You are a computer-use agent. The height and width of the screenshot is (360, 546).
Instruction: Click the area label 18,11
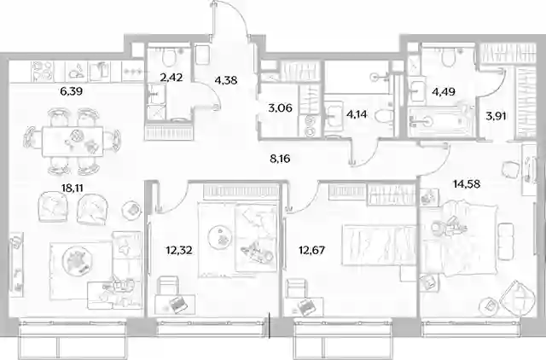pyautogui.click(x=73, y=189)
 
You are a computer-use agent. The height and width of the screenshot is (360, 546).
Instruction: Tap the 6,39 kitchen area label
pyautogui.click(x=71, y=91)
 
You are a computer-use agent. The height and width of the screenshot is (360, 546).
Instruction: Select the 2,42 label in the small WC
pyautogui.click(x=171, y=78)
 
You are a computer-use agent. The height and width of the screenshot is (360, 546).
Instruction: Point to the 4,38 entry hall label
pyautogui.click(x=226, y=80)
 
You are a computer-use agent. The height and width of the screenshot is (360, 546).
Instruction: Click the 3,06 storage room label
pyautogui.click(x=281, y=108)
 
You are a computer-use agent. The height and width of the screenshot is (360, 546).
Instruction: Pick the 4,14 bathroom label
pyautogui.click(x=357, y=113)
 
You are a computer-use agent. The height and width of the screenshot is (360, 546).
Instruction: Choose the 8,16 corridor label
pyautogui.click(x=280, y=159)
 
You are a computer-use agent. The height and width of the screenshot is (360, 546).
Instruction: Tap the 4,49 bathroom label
pyautogui.click(x=444, y=91)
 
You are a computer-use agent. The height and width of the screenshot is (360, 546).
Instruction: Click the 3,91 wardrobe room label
pyautogui.click(x=496, y=116)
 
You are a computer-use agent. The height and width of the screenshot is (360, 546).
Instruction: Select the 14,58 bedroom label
pyautogui.click(x=467, y=183)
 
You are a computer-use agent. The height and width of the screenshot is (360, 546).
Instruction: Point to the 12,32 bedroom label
pyautogui.click(x=179, y=250)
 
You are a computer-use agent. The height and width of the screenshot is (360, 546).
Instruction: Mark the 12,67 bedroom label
pyautogui.click(x=312, y=250)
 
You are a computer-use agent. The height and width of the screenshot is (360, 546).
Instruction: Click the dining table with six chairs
pyautogui.click(x=73, y=142)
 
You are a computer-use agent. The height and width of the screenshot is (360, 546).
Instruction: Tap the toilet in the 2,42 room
pyautogui.click(x=170, y=57)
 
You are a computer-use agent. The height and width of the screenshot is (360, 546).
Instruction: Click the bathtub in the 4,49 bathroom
pyautogui.click(x=440, y=121)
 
